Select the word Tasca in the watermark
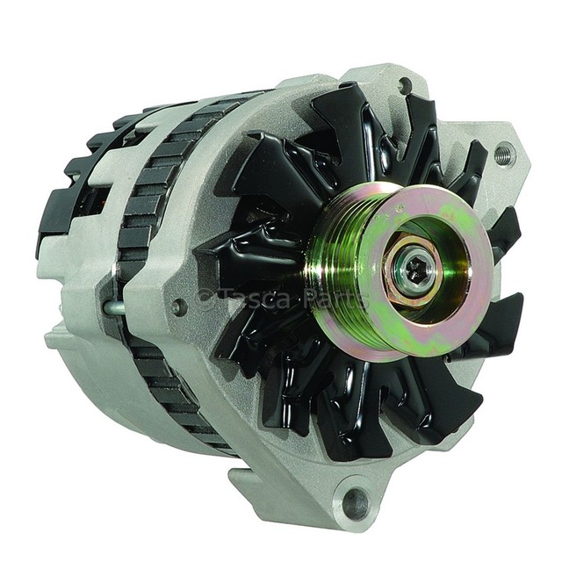tap(254, 299)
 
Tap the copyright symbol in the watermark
tap(205, 299)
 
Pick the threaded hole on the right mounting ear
tap(505, 153)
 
